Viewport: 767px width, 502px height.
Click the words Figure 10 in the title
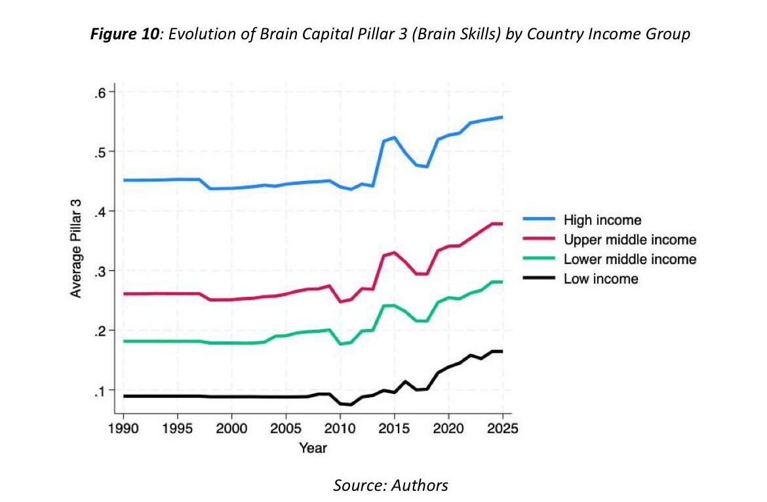pyautogui.click(x=126, y=34)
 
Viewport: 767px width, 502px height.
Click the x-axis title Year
pyautogui.click(x=313, y=448)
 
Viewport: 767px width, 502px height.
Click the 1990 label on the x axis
pyautogui.click(x=123, y=429)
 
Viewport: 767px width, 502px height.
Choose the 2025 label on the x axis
pyautogui.click(x=501, y=429)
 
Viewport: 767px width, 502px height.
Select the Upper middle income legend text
pyautogui.click(x=629, y=240)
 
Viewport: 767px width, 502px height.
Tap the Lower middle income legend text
pyautogui.click(x=629, y=260)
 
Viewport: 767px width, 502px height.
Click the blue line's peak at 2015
pyautogui.click(x=394, y=138)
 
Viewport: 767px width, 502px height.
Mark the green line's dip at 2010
pyautogui.click(x=340, y=343)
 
